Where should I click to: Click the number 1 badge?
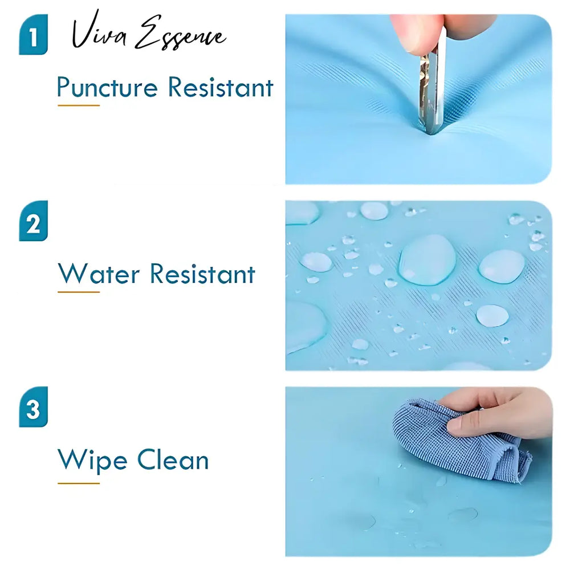pyautogui.click(x=33, y=35)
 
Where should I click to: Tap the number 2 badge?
pyautogui.click(x=33, y=221)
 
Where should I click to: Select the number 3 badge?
pyautogui.click(x=33, y=407)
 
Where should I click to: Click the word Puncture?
pyautogui.click(x=108, y=88)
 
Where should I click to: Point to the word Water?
pyautogui.click(x=99, y=274)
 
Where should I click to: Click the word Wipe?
pyautogui.click(x=92, y=460)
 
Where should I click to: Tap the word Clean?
pyautogui.click(x=173, y=459)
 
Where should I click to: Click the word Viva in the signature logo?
pyautogui.click(x=99, y=31)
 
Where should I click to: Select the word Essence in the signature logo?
pyautogui.click(x=181, y=34)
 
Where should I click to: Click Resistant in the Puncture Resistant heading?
pyautogui.click(x=221, y=87)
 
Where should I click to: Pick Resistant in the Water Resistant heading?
pyautogui.click(x=202, y=274)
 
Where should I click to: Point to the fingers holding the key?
pyautogui.click(x=436, y=35)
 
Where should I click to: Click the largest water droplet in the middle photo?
pyautogui.click(x=427, y=259)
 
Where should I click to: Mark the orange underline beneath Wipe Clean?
pyautogui.click(x=79, y=483)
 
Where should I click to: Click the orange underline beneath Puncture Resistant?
pyautogui.click(x=79, y=105)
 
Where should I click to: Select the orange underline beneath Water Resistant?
pyautogui.click(x=79, y=291)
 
